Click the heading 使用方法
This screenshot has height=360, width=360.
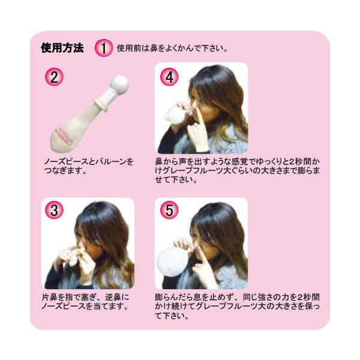62,48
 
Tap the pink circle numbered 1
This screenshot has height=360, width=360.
104,48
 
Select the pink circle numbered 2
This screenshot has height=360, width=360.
54,77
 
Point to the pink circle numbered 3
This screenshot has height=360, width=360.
54,210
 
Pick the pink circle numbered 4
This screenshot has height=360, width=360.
169,77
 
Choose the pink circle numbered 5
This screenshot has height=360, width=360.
169,210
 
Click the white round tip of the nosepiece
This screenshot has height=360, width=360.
119,84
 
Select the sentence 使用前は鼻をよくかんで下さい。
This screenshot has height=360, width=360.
172,48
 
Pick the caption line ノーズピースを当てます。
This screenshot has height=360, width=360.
85,306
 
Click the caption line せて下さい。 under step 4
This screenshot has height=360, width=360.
176,179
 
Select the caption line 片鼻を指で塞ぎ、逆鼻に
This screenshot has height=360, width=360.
86,297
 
